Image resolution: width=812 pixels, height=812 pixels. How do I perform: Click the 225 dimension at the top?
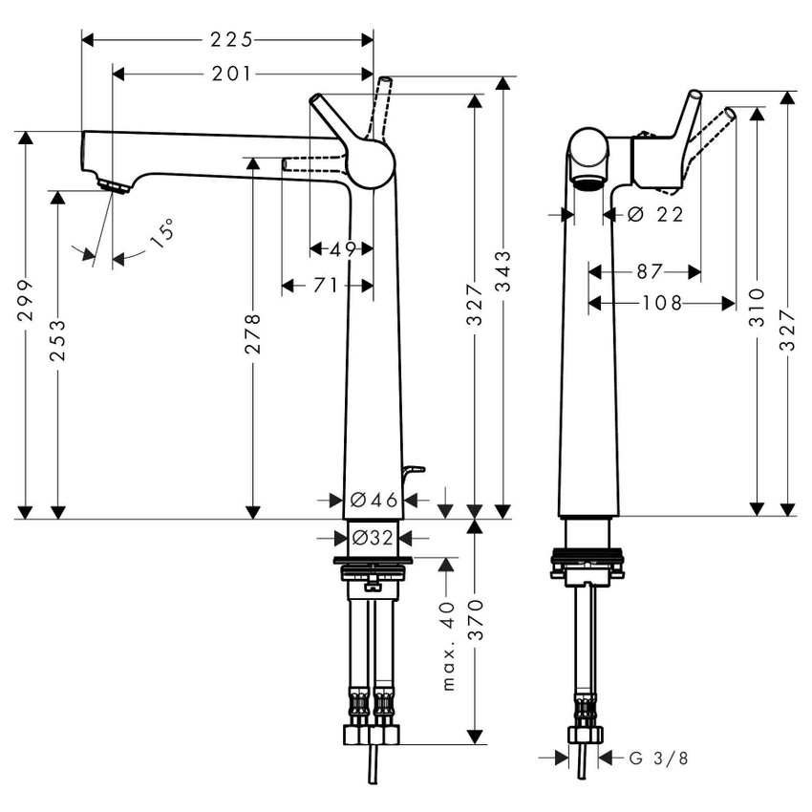[232, 39]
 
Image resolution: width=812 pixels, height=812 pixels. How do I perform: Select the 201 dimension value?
[233, 74]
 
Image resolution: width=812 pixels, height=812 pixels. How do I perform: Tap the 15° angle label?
[163, 233]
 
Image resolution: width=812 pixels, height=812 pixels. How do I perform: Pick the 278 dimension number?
[253, 333]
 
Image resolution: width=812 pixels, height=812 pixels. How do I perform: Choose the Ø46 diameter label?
[373, 500]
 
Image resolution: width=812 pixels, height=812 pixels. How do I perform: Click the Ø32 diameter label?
[373, 538]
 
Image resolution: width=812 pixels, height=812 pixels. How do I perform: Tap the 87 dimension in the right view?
[649, 272]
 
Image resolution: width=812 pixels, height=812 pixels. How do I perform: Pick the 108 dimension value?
[663, 304]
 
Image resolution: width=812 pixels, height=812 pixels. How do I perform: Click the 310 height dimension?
[757, 306]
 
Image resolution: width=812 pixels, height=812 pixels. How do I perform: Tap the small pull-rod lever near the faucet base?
[412, 470]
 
